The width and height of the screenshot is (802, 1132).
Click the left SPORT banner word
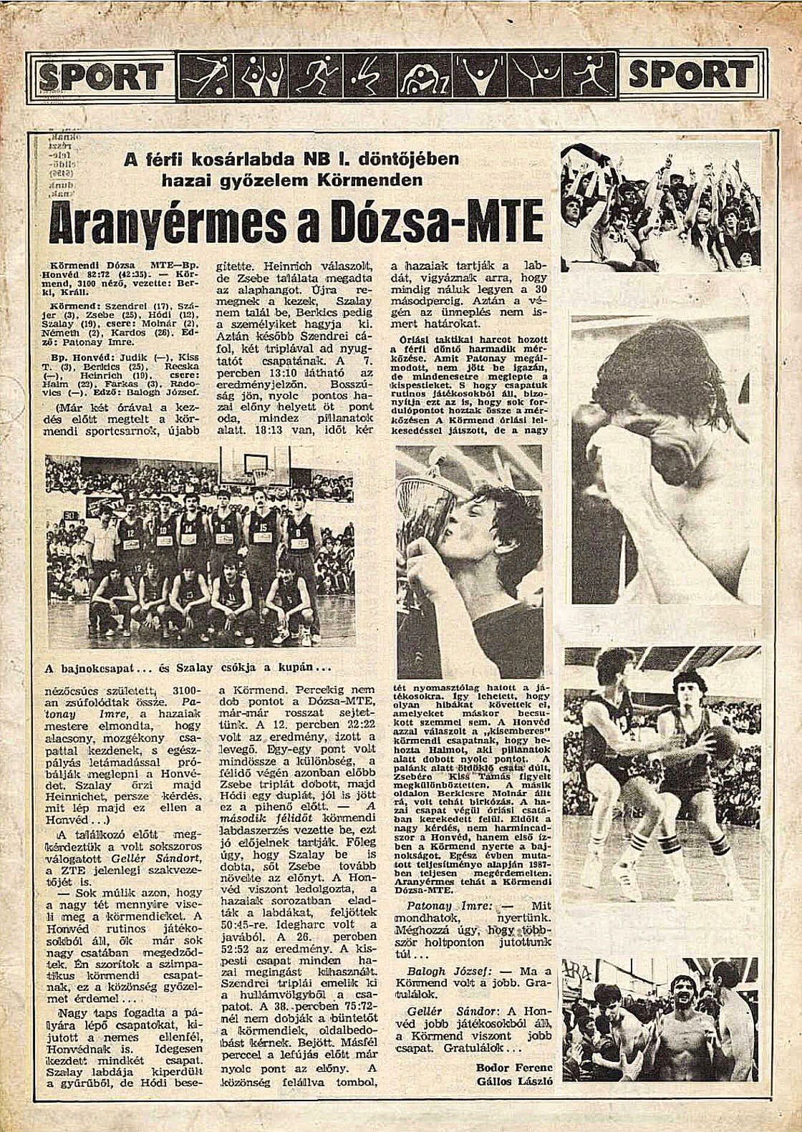(101, 75)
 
